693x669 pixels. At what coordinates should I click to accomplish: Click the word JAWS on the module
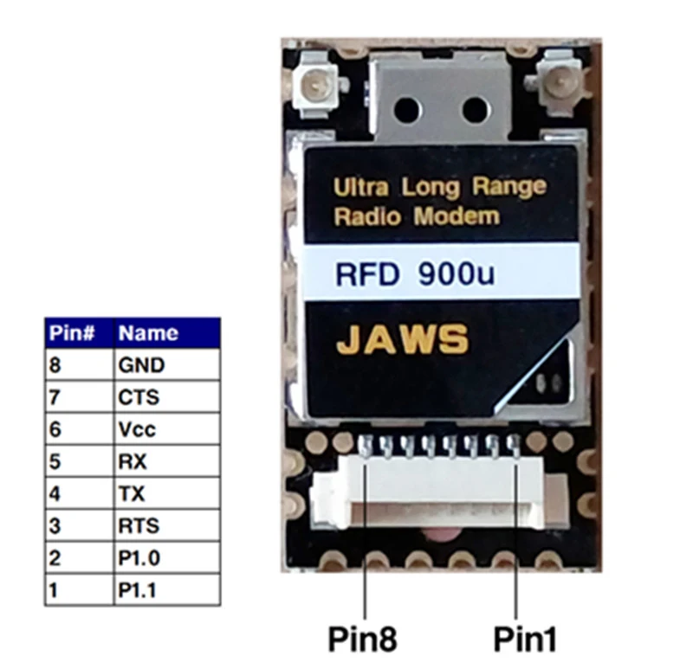coord(403,340)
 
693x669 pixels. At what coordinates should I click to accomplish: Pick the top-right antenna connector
coord(561,83)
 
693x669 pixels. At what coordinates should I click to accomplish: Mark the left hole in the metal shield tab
coord(408,109)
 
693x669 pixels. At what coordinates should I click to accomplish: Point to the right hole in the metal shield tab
coord(475,109)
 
